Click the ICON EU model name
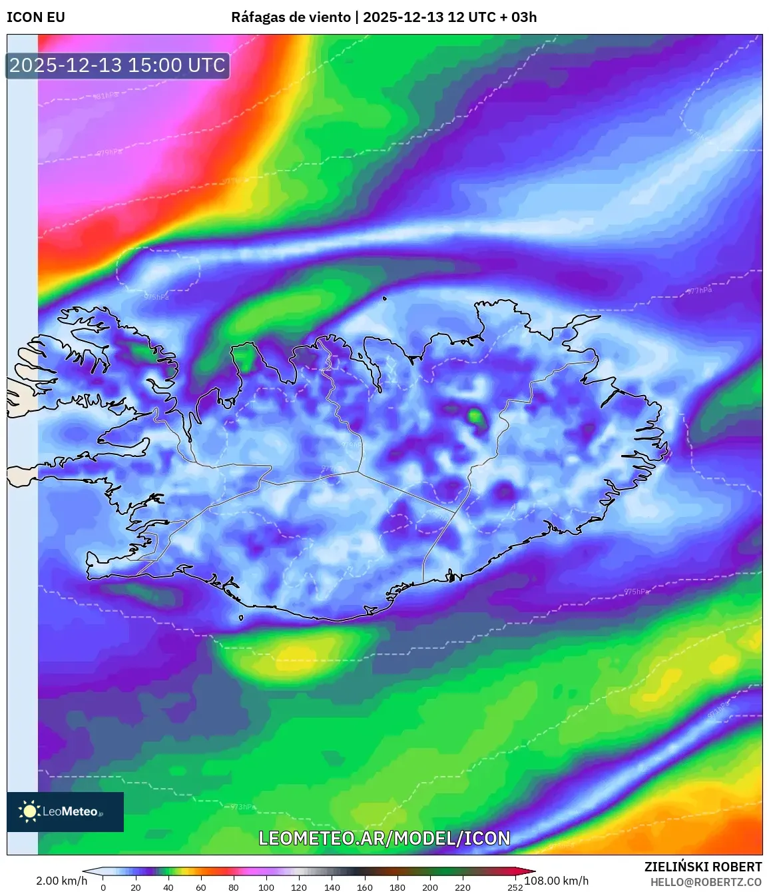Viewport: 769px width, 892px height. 36,17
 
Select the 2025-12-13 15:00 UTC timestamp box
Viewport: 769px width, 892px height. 118,65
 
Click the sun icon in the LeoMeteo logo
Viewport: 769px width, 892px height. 29,811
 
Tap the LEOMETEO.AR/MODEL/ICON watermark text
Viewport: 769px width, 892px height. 384,838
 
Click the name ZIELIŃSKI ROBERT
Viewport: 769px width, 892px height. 702,867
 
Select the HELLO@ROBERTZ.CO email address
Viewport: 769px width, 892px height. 706,882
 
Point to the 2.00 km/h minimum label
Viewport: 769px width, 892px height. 61,881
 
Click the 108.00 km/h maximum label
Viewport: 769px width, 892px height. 557,881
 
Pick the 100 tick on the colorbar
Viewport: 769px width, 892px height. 266,887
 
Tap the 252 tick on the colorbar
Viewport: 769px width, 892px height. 515,887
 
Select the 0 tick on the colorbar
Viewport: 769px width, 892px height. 103,887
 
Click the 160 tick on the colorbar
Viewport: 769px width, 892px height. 364,887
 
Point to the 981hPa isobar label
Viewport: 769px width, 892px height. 107,96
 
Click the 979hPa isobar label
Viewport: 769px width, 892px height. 110,153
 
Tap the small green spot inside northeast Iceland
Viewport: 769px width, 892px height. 475,416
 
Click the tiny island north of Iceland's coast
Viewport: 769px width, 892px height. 385,298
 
